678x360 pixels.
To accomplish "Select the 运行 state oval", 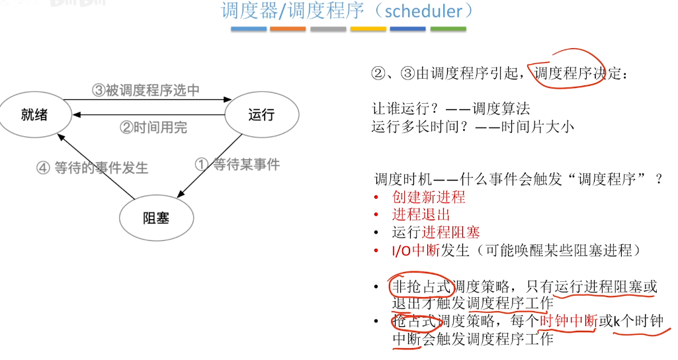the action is tap(261, 114).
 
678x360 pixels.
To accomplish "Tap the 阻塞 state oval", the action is tap(156, 217).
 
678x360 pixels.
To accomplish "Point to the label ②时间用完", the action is tap(153, 128).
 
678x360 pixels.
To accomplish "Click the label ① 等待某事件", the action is tap(237, 164).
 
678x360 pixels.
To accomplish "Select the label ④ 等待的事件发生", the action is tap(93, 168).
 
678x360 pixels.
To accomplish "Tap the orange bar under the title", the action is tap(288, 29).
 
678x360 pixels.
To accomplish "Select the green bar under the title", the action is tap(448, 29).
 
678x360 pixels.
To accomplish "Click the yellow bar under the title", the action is tap(368, 29).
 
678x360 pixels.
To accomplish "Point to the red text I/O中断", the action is tap(411, 250).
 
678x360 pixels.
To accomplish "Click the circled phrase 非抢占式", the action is tap(421, 287).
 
